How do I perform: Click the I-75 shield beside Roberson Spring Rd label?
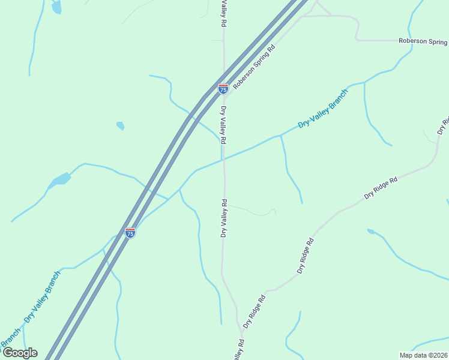pos(223,89)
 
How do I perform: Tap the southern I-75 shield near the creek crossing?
pos(130,232)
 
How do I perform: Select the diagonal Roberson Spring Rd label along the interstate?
pos(254,67)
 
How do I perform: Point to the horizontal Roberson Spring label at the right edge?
pos(423,41)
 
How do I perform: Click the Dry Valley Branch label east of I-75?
pos(323,109)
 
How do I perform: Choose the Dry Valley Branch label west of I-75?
pos(42,298)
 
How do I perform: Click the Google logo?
pos(20,353)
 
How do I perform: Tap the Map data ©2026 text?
pos(423,355)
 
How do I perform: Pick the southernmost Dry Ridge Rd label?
pos(254,311)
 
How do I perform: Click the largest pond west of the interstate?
pos(61,179)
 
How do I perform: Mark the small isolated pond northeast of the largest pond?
pos(120,126)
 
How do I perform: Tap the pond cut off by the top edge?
pos(56,7)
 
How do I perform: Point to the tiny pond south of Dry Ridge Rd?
pos(371,231)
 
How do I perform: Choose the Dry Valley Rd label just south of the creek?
pos(224,218)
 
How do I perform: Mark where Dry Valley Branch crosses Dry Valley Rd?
pos(223,160)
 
